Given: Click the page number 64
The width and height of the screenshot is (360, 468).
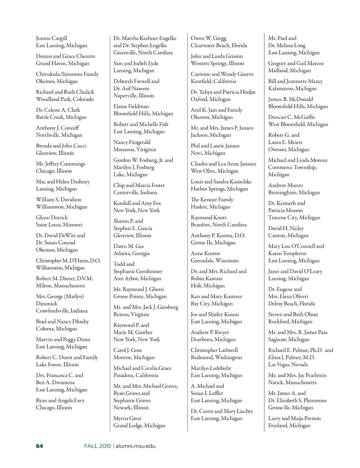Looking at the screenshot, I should [x=39, y=446].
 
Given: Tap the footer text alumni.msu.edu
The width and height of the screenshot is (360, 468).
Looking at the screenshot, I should [x=135, y=446].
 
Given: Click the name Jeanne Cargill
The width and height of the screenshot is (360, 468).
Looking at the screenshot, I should [x=51, y=38].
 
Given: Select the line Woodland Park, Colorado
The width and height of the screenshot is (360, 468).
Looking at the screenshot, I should [x=65, y=99].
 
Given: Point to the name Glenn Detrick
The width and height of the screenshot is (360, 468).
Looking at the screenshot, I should [x=52, y=217].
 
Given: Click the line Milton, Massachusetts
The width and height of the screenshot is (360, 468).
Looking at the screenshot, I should [x=60, y=285].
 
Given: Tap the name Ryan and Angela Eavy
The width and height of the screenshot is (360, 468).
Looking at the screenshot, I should [x=60, y=400].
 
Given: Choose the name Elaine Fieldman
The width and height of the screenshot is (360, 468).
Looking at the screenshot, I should [x=131, y=106].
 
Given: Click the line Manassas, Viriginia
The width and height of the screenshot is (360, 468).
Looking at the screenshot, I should [x=134, y=149].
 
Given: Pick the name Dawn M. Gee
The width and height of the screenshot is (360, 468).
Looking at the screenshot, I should [x=129, y=246].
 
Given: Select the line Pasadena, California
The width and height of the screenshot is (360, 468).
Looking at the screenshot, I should [x=136, y=375].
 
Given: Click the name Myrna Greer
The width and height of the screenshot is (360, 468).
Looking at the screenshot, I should [x=127, y=418].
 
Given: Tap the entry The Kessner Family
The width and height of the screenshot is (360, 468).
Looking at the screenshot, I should [x=212, y=200].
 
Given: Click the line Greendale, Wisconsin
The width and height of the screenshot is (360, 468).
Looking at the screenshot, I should [x=214, y=260].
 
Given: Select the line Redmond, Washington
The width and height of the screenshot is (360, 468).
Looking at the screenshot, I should [x=216, y=357].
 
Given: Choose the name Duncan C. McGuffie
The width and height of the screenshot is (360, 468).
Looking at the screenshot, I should [x=291, y=117].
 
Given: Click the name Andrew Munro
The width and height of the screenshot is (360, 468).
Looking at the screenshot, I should [x=285, y=185].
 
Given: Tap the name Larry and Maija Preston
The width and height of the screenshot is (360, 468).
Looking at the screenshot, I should [x=294, y=418].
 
